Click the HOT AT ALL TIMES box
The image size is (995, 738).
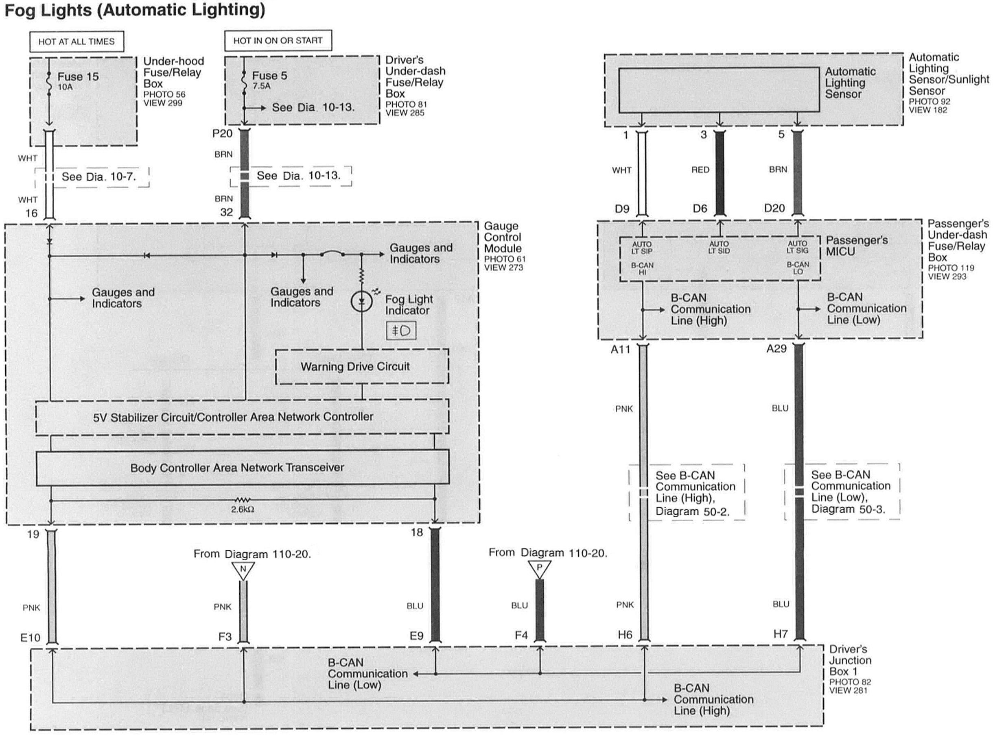pyautogui.click(x=77, y=41)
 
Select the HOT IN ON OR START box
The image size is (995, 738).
pyautogui.click(x=278, y=41)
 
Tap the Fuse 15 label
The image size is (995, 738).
pyautogui.click(x=78, y=77)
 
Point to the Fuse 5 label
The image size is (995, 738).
pyautogui.click(x=269, y=76)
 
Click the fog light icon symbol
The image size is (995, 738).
pyautogui.click(x=401, y=331)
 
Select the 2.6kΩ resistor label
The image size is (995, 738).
pyautogui.click(x=243, y=509)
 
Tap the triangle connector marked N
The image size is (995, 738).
pyautogui.click(x=243, y=570)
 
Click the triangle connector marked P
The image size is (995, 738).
pyautogui.click(x=539, y=569)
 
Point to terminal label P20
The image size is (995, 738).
pyautogui.click(x=222, y=134)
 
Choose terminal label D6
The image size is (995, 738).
pyautogui.click(x=700, y=208)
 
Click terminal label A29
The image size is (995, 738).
pyautogui.click(x=776, y=349)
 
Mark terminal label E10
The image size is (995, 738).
pyautogui.click(x=31, y=638)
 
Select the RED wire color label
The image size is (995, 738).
pyautogui.click(x=700, y=170)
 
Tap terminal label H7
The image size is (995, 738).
pyautogui.click(x=781, y=634)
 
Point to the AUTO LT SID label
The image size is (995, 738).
pyautogui.click(x=719, y=247)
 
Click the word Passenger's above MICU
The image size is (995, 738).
pyautogui.click(x=857, y=240)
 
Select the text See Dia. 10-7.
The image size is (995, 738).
pyautogui.click(x=98, y=177)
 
